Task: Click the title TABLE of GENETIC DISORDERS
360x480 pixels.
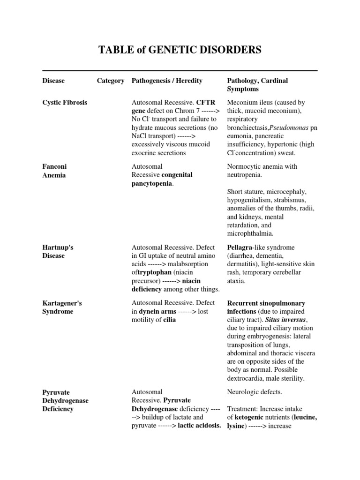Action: click(180, 50)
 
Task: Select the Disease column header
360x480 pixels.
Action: click(53, 81)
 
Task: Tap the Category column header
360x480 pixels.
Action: click(111, 81)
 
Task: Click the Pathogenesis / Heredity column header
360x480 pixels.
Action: click(167, 81)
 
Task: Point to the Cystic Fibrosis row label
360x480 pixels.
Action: click(65, 102)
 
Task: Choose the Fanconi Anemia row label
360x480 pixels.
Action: click(54, 171)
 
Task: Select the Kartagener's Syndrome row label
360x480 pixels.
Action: click(62, 307)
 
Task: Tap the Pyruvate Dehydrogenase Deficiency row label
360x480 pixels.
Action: click(65, 400)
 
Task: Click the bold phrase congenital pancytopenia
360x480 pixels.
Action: click(162, 179)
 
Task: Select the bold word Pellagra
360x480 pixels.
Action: click(240, 247)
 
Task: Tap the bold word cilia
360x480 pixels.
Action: click(169, 320)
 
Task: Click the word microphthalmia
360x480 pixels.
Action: click(249, 233)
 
